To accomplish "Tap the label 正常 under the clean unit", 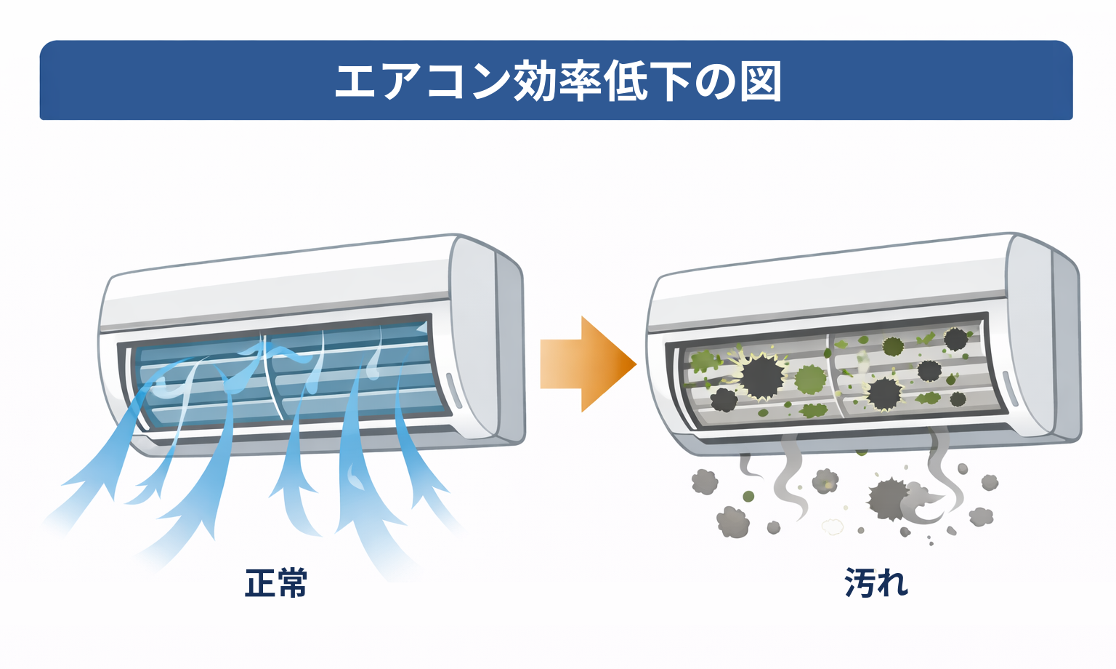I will (276, 582).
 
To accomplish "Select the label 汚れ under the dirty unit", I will (876, 582).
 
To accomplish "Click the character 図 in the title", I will (761, 81).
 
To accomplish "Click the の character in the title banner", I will (715, 81).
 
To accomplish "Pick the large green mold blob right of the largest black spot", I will (811, 379).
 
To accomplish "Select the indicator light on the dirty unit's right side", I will (1008, 390).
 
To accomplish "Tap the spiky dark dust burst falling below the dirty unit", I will (889, 499).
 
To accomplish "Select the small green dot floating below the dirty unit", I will (748, 497).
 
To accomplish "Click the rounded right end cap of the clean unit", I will (487, 342).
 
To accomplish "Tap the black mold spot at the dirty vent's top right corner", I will (955, 338).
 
